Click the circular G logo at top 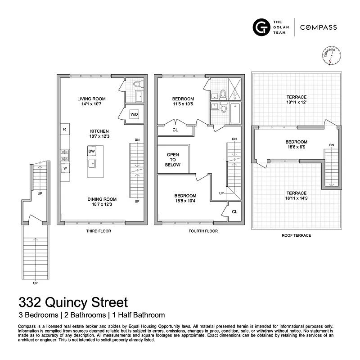click(x=260, y=27)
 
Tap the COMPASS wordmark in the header click(x=319, y=27)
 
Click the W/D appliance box click(x=134, y=114)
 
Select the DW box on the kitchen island click(x=92, y=151)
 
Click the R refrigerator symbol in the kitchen click(x=65, y=130)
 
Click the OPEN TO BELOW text click(x=173, y=160)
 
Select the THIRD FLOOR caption click(x=99, y=231)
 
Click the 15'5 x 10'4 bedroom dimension click(x=185, y=201)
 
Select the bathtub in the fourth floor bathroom click(x=235, y=114)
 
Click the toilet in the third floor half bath click(x=138, y=84)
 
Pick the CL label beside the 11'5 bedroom click(x=175, y=130)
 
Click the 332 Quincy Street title click(x=73, y=301)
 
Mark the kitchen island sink click(x=92, y=163)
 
